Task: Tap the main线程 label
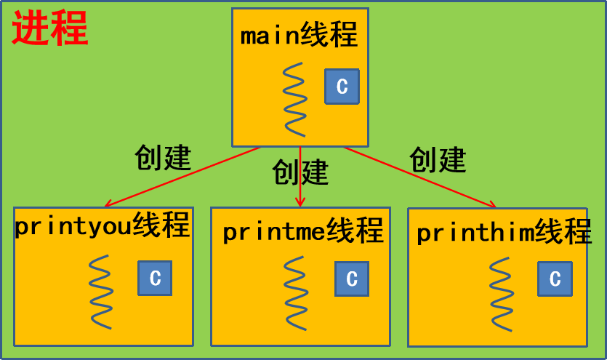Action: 300,36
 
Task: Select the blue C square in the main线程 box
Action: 342,87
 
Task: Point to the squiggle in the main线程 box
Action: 295,99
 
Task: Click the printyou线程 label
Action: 102,226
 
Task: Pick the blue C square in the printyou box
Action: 155,278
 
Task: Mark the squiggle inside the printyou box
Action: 101,292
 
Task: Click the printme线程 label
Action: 302,231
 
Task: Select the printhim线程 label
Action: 504,233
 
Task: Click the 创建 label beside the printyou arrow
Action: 163,157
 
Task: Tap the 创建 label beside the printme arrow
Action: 300,172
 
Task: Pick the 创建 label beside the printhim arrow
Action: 438,159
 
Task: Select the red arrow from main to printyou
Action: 182,177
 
